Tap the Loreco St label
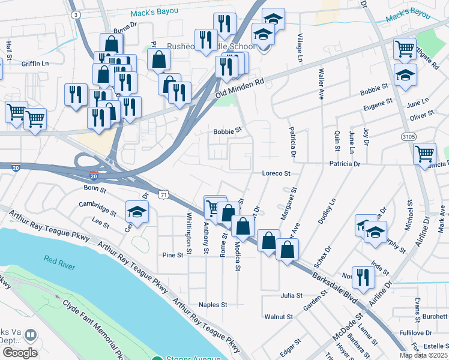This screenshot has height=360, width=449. [276, 173]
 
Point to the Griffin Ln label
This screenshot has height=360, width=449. [35, 63]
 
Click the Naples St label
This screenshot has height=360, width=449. [213, 305]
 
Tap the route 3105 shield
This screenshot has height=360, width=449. [409, 137]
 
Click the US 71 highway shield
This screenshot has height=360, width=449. [164, 194]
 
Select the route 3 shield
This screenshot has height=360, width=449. [75, 14]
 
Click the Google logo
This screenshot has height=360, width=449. [19, 353]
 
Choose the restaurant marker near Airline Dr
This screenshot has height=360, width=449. [363, 277]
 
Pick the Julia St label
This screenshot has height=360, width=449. [291, 296]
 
